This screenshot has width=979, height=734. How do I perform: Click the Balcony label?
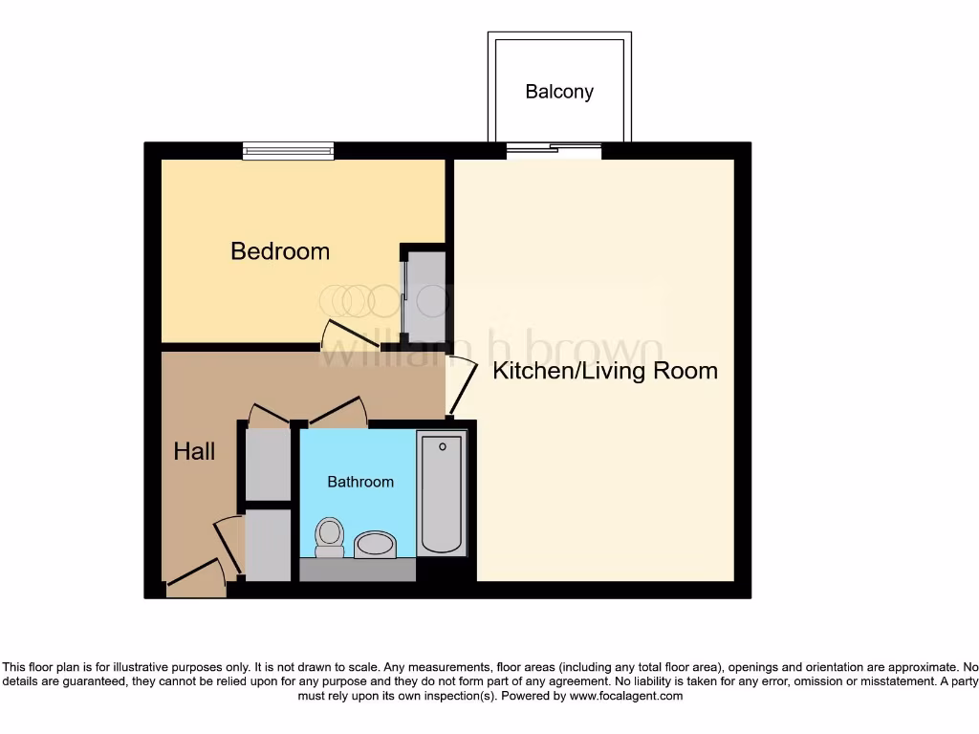[559, 92]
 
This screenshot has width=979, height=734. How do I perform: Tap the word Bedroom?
[280, 251]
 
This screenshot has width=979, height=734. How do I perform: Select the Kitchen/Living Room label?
[604, 371]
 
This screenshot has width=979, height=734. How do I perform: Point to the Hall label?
[194, 451]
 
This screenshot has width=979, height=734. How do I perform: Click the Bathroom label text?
[360, 482]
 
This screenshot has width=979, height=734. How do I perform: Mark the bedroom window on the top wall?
[288, 150]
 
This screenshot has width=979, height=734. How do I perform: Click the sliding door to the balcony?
[554, 148]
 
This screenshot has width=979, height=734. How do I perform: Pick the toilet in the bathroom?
[330, 537]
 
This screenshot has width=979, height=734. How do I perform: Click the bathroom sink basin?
[375, 546]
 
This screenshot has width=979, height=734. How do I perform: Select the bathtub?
[442, 493]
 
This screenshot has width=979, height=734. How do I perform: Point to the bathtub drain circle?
[443, 447]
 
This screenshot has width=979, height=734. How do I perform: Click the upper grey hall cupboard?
[268, 464]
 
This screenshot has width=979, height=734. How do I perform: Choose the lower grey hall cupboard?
[268, 545]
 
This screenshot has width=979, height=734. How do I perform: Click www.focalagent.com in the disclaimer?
[626, 696]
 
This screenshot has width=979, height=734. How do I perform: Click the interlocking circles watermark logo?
[358, 301]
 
